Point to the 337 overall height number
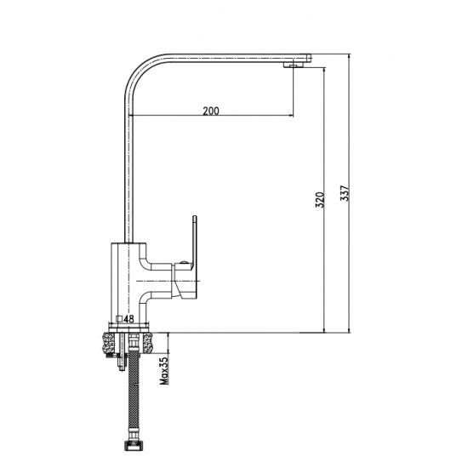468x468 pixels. (x=344, y=195)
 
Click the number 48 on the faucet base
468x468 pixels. (x=129, y=319)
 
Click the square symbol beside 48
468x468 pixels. (x=120, y=319)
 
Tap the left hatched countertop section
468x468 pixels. (x=107, y=341)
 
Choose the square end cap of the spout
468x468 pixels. (x=309, y=58)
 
